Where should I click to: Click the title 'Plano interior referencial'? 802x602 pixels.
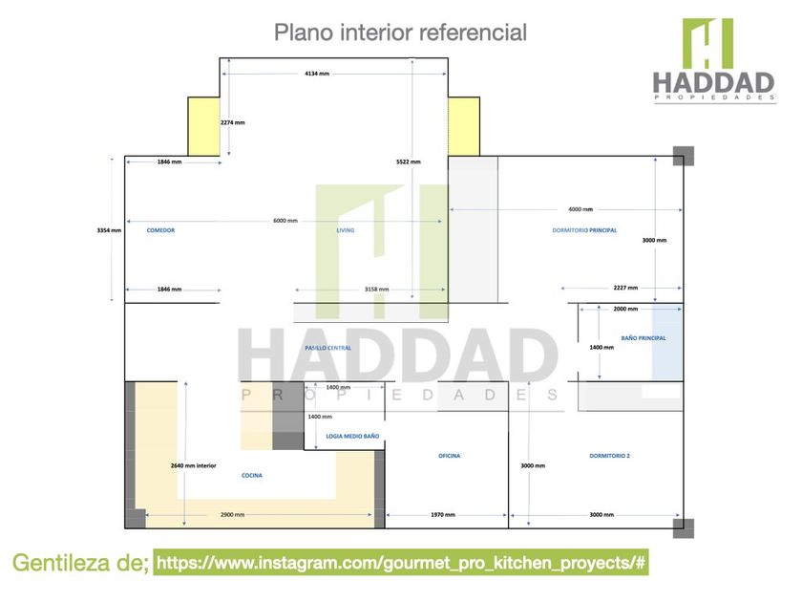point(400,32)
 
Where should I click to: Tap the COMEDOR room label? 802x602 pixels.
point(160,230)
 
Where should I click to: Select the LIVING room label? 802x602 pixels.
point(346,230)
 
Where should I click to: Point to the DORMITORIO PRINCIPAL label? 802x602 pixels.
point(584,230)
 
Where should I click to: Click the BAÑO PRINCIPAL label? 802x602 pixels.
point(644,338)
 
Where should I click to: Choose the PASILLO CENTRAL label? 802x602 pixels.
point(327,348)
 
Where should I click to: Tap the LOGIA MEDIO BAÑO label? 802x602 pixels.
point(352,436)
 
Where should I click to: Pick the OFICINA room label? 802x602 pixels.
point(449,456)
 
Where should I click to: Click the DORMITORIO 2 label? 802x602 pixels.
point(609,456)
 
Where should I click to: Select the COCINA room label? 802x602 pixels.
point(252,475)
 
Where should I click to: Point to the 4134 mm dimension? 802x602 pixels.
point(318,73)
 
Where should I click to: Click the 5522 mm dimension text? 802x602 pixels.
point(409,162)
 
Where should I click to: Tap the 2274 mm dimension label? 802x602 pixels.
point(232,122)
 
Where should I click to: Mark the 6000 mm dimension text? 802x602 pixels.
point(285,221)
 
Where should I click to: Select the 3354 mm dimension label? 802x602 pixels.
point(110,230)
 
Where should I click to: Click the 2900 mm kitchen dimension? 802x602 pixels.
point(232,515)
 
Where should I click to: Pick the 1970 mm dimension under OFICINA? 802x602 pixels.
point(443,515)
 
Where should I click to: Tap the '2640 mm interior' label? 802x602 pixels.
point(193,465)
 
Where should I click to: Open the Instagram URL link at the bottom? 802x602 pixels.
point(402,563)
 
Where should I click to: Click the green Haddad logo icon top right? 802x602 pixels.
point(707,43)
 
